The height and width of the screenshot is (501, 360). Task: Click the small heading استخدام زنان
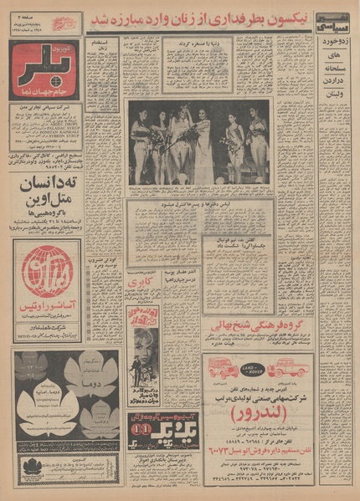tap(102, 47)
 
